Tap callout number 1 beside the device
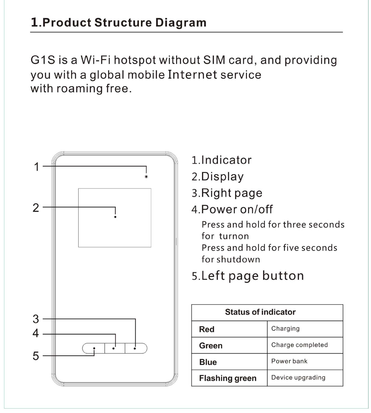(36, 167)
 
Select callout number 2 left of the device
(36, 208)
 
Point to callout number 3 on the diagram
(36, 319)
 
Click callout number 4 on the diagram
(36, 333)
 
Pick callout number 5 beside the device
(36, 356)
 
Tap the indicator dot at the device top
(146, 177)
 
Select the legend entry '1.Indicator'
(221, 160)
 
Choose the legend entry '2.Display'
(217, 177)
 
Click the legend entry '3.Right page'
(227, 193)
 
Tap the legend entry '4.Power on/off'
(232, 209)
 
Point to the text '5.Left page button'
(248, 276)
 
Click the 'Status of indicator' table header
(260, 312)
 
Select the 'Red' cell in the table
(207, 329)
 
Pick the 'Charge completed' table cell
(299, 345)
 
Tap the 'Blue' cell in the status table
(208, 362)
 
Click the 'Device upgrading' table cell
(298, 377)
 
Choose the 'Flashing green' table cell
(228, 378)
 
